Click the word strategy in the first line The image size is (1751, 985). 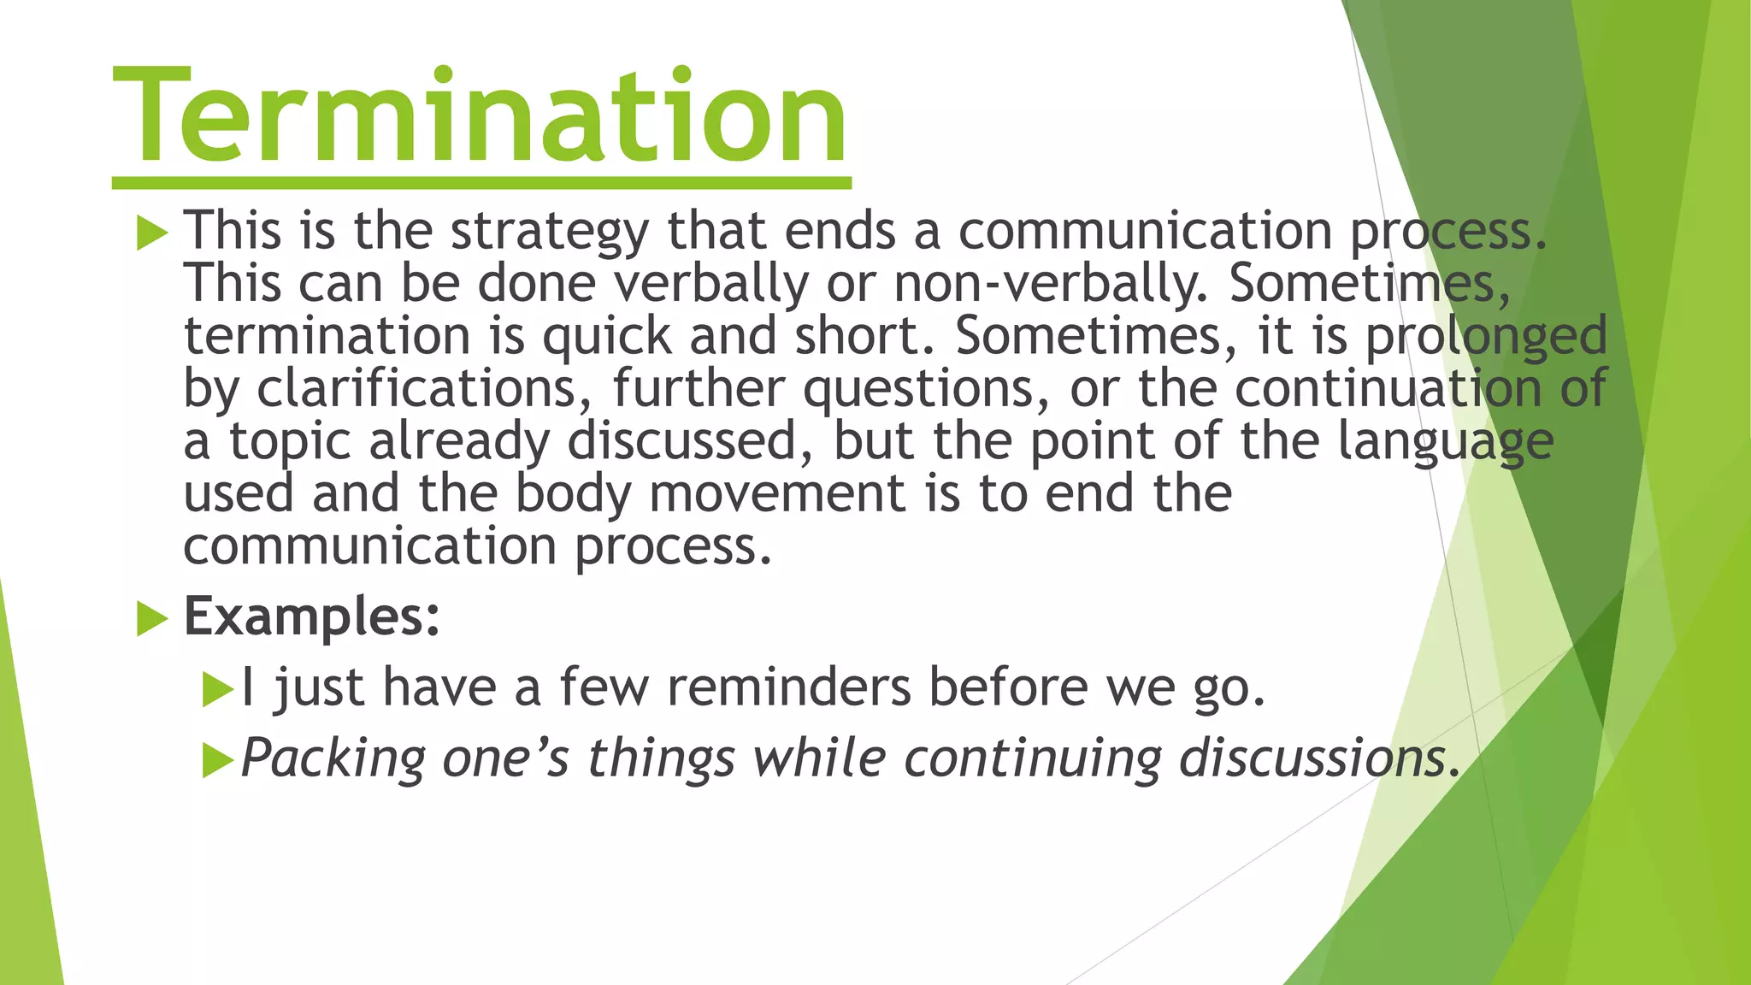coord(550,233)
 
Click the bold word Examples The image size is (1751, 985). coord(312,616)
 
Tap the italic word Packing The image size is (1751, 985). coord(333,759)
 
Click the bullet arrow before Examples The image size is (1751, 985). coord(152,618)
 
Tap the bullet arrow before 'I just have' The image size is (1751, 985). coord(217,689)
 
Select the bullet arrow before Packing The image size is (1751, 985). coord(217,760)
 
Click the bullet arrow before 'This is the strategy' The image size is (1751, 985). coord(152,233)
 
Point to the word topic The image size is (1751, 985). coord(290,444)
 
